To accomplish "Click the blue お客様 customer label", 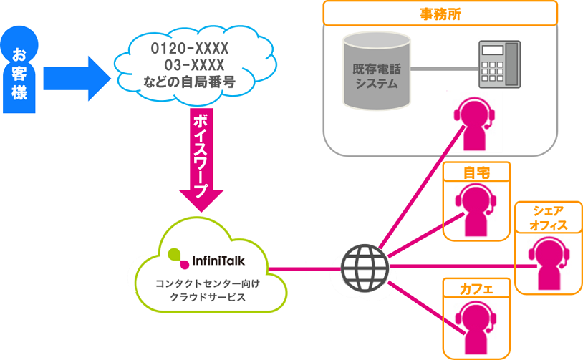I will coord(20,72).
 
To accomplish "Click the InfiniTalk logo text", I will coord(214,254).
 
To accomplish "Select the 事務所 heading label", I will coord(440,12).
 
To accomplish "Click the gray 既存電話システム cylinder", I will coord(376,71).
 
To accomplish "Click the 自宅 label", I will coord(476,172).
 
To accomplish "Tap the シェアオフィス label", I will coord(547,218).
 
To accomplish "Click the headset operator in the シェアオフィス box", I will coord(548,263).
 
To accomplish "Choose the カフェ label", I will coord(476,288).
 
